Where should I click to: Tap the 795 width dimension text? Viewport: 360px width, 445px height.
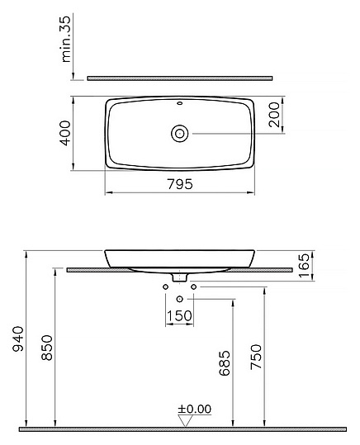(x=178, y=184)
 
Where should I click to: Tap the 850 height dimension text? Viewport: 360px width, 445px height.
(x=47, y=347)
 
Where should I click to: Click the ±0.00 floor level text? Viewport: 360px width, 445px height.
(x=195, y=407)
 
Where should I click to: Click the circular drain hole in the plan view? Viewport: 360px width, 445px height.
(x=179, y=133)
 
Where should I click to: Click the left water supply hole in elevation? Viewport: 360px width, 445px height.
(x=165, y=286)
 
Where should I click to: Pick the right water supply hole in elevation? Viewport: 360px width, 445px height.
(x=194, y=286)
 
